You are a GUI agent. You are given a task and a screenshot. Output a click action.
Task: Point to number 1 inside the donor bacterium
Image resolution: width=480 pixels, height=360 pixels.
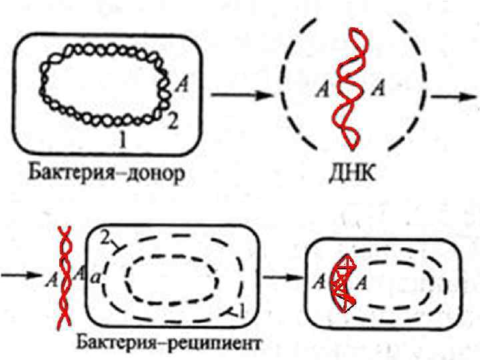click(x=121, y=139)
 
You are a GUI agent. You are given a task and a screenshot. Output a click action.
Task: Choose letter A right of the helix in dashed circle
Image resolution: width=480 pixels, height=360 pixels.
click(x=377, y=87)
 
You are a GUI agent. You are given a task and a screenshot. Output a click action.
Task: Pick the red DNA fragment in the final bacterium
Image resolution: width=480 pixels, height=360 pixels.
click(x=342, y=283)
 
